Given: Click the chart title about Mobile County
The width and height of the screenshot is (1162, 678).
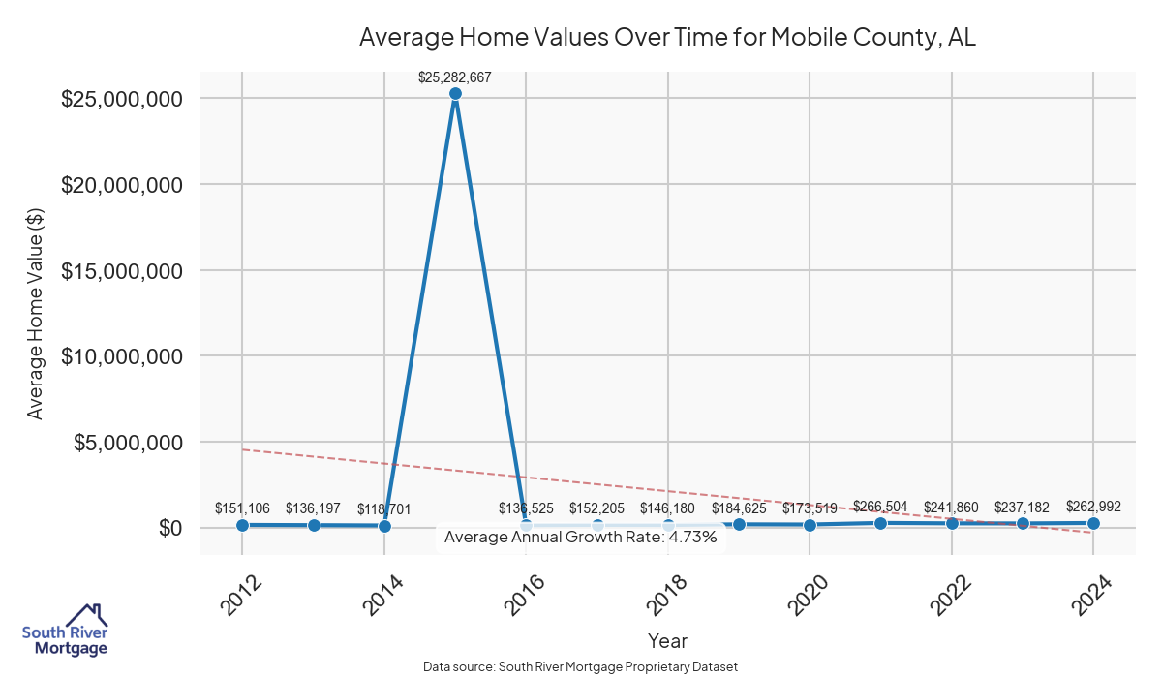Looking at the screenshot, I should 667,38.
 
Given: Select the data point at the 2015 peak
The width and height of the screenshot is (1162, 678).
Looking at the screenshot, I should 455,94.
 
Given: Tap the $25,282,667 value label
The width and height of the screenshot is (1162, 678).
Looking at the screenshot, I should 455,77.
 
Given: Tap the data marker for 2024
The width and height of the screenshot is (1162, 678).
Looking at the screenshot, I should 1093,523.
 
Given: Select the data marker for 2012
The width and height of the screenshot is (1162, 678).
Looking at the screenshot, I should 242,525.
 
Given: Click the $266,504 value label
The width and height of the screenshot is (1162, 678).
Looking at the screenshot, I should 880,506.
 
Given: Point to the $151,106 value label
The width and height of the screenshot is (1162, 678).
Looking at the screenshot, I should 242,508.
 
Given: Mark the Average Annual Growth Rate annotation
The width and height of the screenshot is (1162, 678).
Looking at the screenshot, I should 580,538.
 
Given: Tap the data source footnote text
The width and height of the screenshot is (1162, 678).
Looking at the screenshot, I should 580,666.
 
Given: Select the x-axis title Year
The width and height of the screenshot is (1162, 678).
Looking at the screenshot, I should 667,641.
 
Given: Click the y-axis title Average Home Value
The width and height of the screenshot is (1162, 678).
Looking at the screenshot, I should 36,313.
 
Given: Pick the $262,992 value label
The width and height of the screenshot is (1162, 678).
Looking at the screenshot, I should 1093,506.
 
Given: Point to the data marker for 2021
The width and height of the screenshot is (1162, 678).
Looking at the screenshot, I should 880,523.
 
